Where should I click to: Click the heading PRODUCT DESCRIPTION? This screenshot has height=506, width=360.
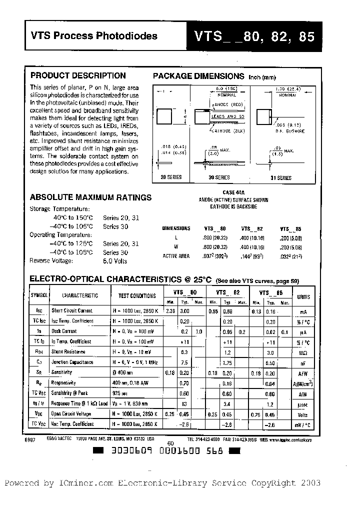[x=78, y=75]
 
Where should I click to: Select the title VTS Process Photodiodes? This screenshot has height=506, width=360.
[x=94, y=35]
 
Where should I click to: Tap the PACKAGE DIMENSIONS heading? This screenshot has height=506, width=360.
[x=198, y=76]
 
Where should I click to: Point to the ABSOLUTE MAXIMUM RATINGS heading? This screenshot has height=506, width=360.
[x=90, y=197]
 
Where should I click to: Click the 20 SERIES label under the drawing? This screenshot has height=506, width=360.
[x=171, y=177]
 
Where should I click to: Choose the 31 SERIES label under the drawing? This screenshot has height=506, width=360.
[x=280, y=177]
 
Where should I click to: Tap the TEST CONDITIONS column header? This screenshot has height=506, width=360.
[x=136, y=295]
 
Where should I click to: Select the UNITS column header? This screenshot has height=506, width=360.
[x=303, y=296]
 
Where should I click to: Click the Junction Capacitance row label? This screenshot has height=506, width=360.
[x=72, y=362]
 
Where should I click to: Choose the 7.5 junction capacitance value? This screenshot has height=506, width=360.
[x=184, y=362]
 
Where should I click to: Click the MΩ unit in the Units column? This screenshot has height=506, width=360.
[x=303, y=352]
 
